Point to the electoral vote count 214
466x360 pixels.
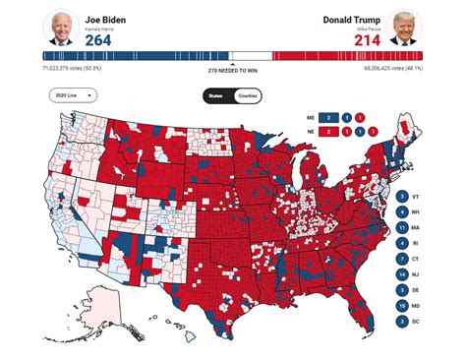coord(366,39)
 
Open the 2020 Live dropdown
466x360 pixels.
coord(74,95)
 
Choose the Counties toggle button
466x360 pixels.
coord(248,95)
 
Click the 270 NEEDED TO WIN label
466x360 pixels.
coord(233,71)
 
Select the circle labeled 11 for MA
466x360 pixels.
coord(402,227)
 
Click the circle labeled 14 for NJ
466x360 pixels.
coord(402,273)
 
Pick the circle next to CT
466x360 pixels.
coord(402,259)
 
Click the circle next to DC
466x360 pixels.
coord(402,320)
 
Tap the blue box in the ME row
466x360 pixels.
coord(333,115)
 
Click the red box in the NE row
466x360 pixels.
coord(333,130)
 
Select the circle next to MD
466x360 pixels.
coord(402,305)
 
